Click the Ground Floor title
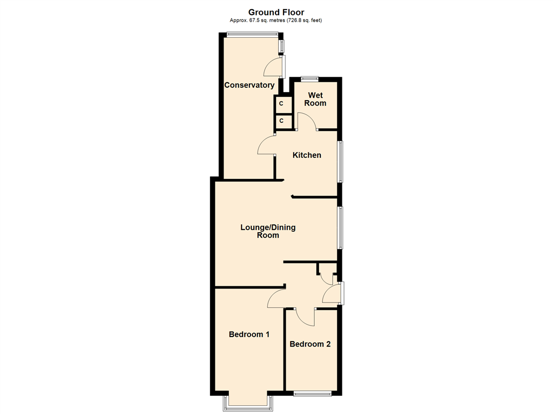[x=276, y=12]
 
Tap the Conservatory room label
[x=249, y=85]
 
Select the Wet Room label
[x=315, y=99]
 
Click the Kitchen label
[x=307, y=155]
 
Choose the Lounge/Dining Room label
[x=268, y=231]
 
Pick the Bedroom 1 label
[x=249, y=334]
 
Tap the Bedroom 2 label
[x=310, y=344]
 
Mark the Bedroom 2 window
[x=313, y=394]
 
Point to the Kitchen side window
[x=340, y=162]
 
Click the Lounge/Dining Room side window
[x=340, y=228]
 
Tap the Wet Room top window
[x=310, y=79]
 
